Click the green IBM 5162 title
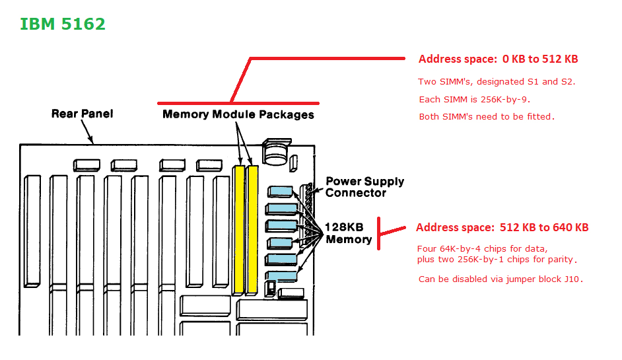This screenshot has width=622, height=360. (x=63, y=24)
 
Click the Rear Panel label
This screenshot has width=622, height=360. (x=82, y=114)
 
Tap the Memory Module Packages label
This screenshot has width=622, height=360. (x=238, y=114)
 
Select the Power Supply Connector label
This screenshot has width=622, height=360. (x=364, y=187)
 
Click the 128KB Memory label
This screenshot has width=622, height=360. (x=348, y=233)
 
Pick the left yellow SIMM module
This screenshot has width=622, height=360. (x=239, y=229)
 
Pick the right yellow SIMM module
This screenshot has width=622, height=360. (x=252, y=229)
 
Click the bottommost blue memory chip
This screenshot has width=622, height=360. (x=281, y=275)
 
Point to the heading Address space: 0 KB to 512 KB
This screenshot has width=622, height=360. (x=498, y=59)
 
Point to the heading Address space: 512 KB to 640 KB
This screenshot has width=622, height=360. (x=502, y=227)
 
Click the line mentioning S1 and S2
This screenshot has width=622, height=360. (x=497, y=82)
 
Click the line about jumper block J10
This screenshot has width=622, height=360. (x=501, y=279)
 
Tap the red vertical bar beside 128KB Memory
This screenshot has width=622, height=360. (x=378, y=233)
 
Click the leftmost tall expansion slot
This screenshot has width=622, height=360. (x=32, y=231)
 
